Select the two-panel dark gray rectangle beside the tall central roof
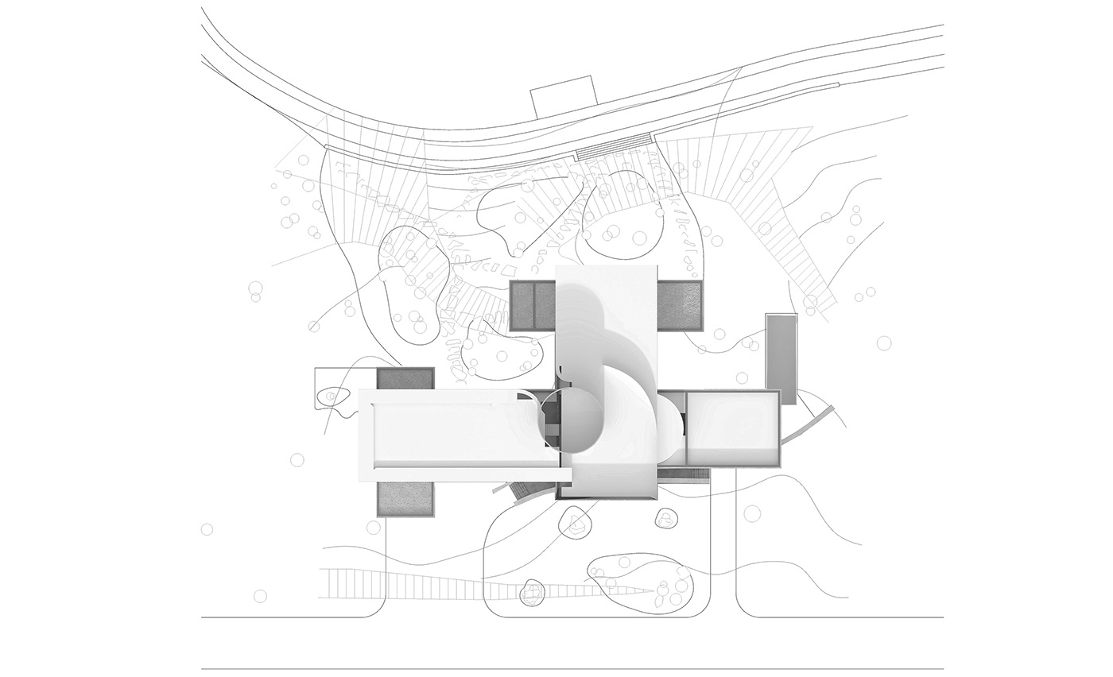click(x=532, y=305)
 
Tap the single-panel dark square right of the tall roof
click(x=681, y=305)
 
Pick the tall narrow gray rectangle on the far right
click(x=781, y=358)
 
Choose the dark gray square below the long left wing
click(x=405, y=499)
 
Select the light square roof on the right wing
click(x=731, y=427)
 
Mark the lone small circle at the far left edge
click(x=207, y=529)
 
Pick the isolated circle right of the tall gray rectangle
click(x=884, y=342)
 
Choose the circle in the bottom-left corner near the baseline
click(x=260, y=596)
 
